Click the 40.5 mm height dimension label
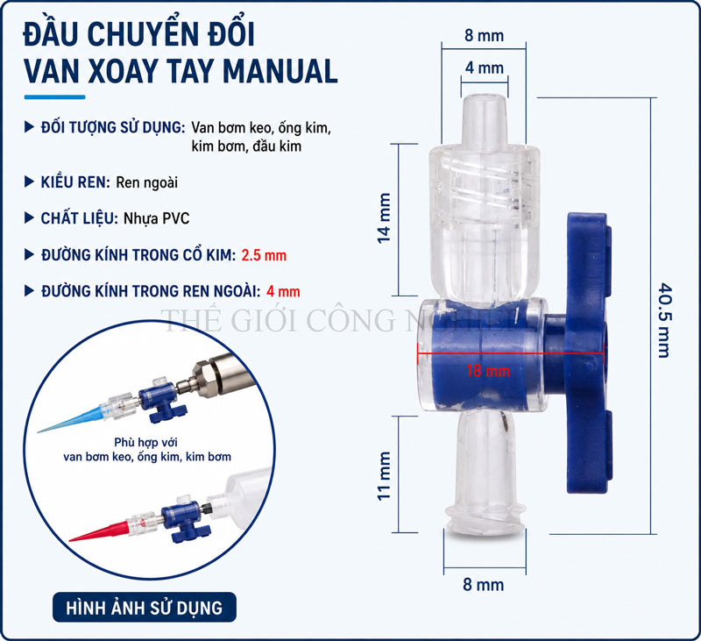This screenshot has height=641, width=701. (x=664, y=320)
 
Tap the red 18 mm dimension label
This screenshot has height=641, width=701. (x=488, y=371)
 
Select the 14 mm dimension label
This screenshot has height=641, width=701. (x=384, y=218)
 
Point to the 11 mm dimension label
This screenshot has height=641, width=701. (x=384, y=476)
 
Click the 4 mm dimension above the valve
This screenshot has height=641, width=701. (x=485, y=68)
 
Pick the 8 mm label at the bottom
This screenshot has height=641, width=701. (x=484, y=584)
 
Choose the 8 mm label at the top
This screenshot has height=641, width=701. (x=484, y=35)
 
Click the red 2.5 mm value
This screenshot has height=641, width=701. (x=264, y=255)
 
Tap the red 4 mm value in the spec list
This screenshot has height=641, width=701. (x=283, y=292)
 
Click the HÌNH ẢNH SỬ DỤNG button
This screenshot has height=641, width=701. (x=145, y=607)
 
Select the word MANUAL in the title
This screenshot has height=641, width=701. (x=280, y=71)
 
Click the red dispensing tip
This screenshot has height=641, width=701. (x=99, y=532)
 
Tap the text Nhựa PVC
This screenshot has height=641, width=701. (x=157, y=218)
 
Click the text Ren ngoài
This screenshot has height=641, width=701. (x=146, y=182)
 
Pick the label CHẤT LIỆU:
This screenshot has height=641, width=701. (x=79, y=218)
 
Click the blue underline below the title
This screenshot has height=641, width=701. (x=54, y=97)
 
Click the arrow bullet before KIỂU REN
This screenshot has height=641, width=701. (x=29, y=182)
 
